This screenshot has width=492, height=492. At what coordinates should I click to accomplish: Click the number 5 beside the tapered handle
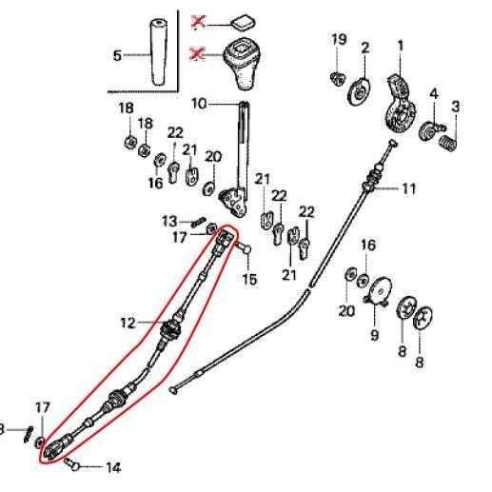[117, 55]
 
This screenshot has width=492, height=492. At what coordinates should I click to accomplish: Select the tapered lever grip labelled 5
[158, 52]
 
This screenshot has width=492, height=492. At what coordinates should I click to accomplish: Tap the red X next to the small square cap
[199, 22]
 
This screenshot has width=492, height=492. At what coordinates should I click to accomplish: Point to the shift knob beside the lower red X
[243, 64]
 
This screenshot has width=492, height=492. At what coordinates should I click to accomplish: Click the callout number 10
[199, 104]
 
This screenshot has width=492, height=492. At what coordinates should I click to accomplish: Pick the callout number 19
[339, 40]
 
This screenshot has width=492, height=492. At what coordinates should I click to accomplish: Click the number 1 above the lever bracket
[401, 46]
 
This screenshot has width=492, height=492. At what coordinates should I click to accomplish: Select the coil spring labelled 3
[448, 143]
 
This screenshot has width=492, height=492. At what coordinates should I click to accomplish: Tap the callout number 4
[434, 94]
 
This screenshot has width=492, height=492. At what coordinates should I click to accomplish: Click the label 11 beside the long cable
[408, 188]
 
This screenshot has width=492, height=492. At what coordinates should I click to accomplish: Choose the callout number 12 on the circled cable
[128, 324]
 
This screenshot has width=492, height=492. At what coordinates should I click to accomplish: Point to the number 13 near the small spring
[169, 221]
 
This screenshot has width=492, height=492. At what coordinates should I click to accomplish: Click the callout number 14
[113, 467]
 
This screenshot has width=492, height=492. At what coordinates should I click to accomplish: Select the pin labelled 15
[244, 247]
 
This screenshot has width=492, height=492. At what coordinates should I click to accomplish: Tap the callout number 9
[375, 335]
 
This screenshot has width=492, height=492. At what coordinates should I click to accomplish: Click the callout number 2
[365, 49]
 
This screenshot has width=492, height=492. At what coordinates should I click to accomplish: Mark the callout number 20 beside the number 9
[346, 311]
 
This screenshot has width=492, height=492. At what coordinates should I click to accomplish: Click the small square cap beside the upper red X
[243, 23]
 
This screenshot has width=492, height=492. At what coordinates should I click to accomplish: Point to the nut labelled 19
[337, 78]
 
